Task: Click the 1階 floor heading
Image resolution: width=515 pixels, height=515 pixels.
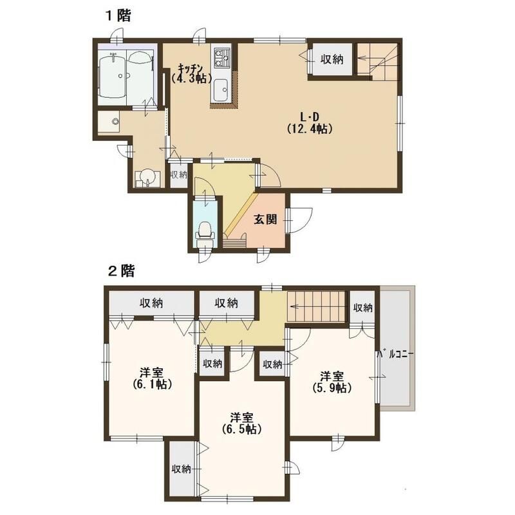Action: pos(118,15)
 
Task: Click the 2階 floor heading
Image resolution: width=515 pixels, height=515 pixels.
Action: pos(121,271)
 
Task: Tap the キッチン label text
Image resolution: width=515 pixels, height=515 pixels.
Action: pos(190,68)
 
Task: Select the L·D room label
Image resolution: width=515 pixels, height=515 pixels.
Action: pos(310,117)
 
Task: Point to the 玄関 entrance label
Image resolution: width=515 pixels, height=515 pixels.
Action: pos(265,220)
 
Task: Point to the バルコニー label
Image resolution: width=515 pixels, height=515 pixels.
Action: pos(395,355)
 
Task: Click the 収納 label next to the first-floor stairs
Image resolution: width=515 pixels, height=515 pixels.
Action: pos(332,59)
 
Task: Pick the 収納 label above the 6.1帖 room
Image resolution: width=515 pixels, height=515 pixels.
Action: pos(151,303)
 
